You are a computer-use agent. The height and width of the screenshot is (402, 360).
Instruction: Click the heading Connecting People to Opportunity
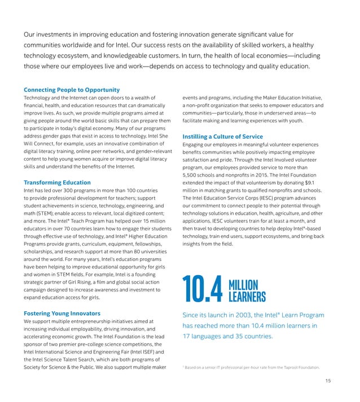coord(72,90)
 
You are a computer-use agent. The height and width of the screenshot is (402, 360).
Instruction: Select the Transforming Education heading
coord(57,182)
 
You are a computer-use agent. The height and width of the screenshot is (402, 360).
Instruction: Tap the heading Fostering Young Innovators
coord(62,313)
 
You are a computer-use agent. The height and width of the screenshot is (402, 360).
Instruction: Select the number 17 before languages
coord(187,337)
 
